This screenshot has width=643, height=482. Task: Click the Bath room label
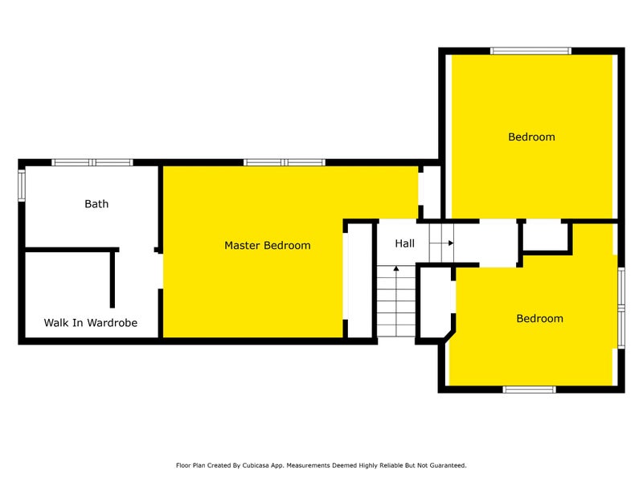pos(96,204)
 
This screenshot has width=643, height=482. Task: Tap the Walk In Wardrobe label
pos(91,323)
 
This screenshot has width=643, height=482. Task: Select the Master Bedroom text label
pos(268,245)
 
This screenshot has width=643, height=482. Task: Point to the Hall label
pos(405,243)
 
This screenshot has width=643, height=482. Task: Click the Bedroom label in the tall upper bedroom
pos(531,137)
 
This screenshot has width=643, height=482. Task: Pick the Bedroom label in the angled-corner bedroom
pos(539,318)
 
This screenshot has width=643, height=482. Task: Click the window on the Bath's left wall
pos(22,186)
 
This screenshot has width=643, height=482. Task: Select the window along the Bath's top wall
pos(92,162)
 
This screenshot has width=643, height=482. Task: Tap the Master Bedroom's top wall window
pos(285,162)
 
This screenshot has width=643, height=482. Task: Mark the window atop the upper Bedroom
pos(530,51)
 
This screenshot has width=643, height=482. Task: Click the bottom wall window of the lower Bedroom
pos(530,390)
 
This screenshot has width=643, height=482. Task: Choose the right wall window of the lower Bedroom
pos(621,308)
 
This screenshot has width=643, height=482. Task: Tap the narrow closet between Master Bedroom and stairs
pos(359,280)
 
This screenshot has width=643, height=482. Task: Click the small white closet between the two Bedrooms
pos(545,237)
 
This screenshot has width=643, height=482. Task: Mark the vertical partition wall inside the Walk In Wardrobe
pos(113,278)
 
